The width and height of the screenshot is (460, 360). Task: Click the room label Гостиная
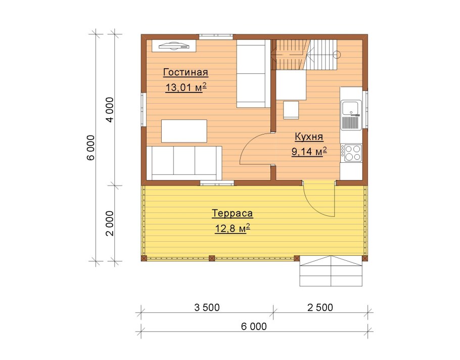(x=186, y=72)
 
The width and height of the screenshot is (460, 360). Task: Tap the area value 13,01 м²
(x=186, y=87)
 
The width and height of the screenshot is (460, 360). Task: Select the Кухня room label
(x=309, y=137)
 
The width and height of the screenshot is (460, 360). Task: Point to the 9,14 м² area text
(x=309, y=151)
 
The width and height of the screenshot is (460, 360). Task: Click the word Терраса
(x=232, y=213)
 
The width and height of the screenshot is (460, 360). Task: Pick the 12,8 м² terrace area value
(x=233, y=228)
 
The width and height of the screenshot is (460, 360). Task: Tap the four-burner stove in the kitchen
(x=351, y=153)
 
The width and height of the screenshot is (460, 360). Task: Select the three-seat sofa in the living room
(x=184, y=163)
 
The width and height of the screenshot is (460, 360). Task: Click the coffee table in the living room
(x=184, y=131)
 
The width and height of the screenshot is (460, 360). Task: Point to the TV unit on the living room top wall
(x=174, y=46)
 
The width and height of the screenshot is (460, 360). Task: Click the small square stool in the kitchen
(x=291, y=110)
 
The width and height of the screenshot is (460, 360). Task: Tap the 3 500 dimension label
(x=207, y=307)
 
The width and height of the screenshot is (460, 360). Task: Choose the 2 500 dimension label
(x=320, y=307)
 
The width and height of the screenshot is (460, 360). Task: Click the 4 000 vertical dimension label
(x=110, y=110)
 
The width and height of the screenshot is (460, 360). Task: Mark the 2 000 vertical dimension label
(x=110, y=223)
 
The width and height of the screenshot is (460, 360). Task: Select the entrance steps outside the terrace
(x=331, y=271)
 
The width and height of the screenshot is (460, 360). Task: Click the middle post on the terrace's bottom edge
(x=211, y=258)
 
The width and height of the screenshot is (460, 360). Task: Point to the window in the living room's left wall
(x=144, y=110)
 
